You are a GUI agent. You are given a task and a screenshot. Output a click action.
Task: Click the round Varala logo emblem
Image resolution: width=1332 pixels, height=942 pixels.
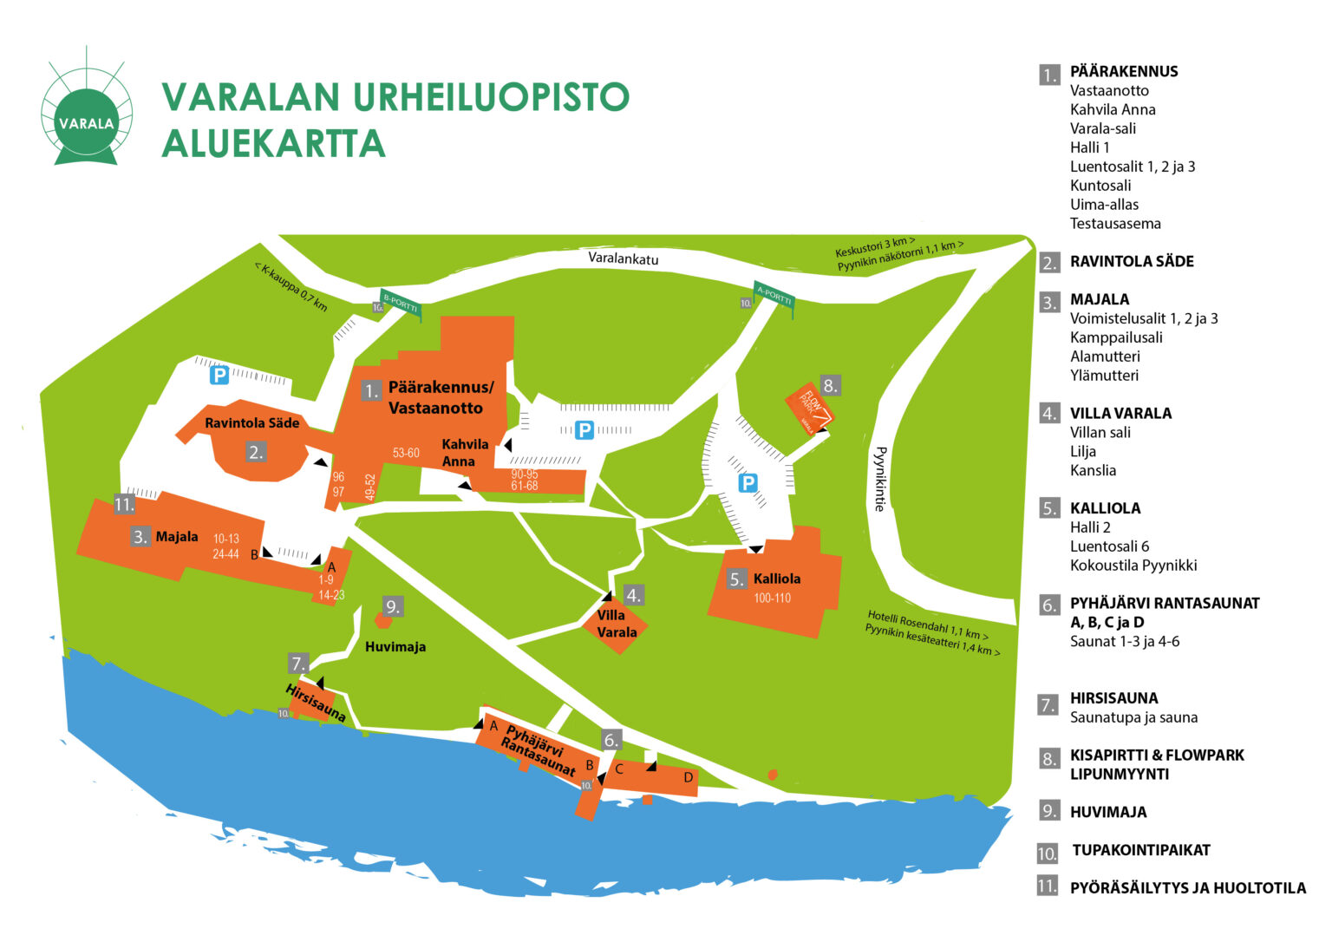(87, 113)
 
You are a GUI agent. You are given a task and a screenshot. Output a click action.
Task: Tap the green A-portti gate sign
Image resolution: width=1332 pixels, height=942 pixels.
(774, 297)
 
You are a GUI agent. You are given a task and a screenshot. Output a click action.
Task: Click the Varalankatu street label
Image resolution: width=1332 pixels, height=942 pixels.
(623, 258)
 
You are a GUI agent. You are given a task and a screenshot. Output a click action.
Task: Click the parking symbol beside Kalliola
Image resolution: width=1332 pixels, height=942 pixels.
(748, 483)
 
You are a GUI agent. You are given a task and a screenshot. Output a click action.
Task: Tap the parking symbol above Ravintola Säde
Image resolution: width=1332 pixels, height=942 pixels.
(220, 376)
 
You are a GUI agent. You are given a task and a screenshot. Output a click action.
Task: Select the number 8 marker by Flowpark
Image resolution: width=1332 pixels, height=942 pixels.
(830, 386)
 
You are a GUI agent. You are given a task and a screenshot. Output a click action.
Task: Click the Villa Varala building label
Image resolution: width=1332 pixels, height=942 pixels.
(617, 624)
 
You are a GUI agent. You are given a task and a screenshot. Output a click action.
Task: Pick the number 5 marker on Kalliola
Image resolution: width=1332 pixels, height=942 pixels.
(736, 579)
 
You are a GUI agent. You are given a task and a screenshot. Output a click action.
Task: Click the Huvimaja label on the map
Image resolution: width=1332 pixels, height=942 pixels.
(395, 647)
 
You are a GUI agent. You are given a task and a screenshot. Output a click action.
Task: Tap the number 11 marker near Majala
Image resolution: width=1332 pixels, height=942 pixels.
(124, 505)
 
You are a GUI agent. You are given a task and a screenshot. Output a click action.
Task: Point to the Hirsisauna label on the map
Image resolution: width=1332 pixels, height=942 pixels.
(316, 703)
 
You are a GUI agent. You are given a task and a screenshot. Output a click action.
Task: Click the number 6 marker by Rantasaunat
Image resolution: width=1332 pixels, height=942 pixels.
(611, 740)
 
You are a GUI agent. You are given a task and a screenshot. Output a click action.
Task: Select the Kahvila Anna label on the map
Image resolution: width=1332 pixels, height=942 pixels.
(465, 453)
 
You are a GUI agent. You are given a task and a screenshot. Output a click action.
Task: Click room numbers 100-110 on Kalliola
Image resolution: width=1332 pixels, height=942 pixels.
(772, 599)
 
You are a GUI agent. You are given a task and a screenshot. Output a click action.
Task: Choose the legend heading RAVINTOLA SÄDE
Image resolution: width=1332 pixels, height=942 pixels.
(1131, 261)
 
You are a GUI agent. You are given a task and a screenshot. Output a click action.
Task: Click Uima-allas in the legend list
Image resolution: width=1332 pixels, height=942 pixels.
(1104, 205)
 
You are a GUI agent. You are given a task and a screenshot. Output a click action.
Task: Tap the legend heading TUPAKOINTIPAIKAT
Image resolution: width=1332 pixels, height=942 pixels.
(1140, 850)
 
